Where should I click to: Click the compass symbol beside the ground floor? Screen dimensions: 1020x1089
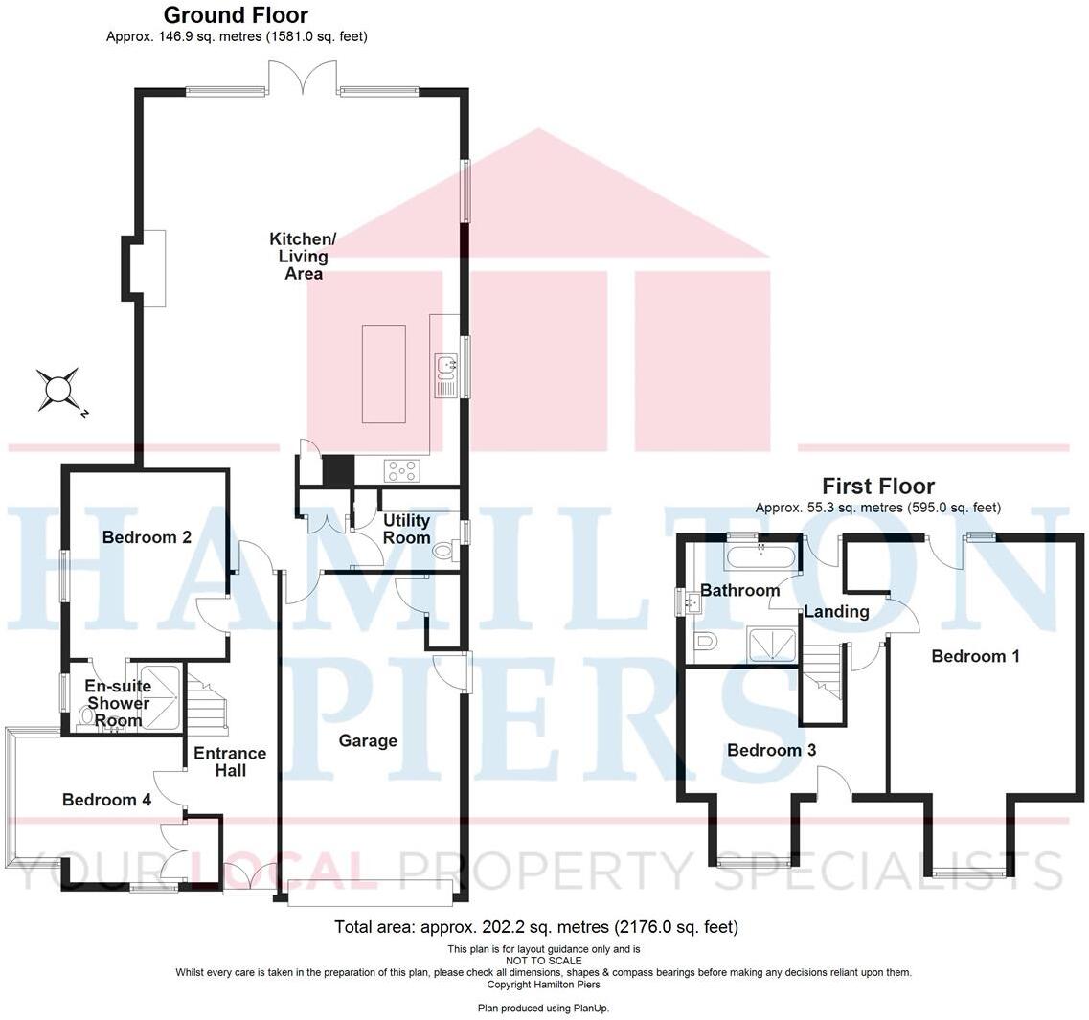click(58, 390)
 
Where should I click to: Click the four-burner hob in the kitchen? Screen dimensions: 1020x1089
click(401, 470)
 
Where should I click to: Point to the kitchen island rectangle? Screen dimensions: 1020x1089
click(383, 374)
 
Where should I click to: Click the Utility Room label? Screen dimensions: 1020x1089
click(406, 529)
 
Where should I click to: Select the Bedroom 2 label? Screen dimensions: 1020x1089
click(147, 537)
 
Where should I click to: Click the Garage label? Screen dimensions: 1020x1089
click(368, 740)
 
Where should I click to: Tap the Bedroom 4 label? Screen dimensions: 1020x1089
click(106, 800)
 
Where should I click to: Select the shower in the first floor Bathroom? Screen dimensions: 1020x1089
click(770, 646)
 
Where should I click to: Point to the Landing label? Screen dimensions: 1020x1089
click(836, 611)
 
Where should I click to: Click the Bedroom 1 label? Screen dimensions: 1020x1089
click(975, 656)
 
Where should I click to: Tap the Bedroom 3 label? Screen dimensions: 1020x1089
click(771, 750)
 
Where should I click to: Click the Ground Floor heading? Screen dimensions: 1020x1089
click(236, 15)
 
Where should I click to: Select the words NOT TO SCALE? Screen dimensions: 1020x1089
click(543, 961)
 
